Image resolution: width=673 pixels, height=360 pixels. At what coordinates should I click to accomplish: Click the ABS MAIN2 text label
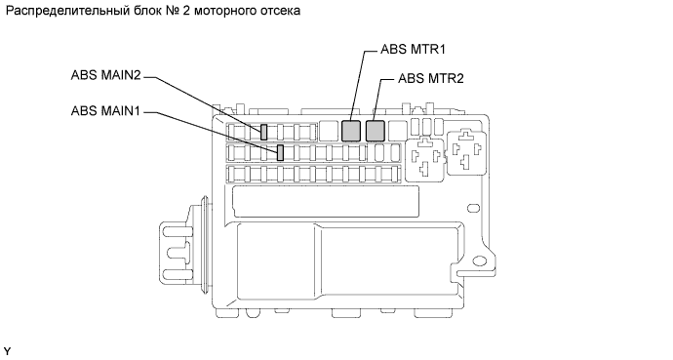click(105, 75)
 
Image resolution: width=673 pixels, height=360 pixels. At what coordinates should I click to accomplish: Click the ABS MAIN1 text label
click(105, 110)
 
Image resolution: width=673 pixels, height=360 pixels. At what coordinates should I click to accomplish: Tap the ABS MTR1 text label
click(413, 50)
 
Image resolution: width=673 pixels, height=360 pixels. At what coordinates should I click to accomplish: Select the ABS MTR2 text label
click(431, 78)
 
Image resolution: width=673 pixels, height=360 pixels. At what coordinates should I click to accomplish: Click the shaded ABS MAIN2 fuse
click(264, 132)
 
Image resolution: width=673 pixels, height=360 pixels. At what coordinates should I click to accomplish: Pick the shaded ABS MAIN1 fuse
click(280, 153)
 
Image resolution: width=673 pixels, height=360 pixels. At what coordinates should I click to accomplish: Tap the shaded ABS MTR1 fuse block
click(351, 131)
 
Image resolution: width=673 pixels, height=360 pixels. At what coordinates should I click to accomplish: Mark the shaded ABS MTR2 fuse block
click(376, 131)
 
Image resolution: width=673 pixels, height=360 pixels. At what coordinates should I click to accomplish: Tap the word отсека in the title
click(280, 11)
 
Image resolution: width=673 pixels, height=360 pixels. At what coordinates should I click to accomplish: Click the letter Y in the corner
click(7, 352)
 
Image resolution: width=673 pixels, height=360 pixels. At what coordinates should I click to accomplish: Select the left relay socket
click(425, 157)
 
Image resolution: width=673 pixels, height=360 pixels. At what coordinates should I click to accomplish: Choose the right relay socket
click(466, 153)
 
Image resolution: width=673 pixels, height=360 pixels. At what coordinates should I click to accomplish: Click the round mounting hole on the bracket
click(478, 261)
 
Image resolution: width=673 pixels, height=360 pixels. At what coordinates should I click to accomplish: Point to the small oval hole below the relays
click(473, 209)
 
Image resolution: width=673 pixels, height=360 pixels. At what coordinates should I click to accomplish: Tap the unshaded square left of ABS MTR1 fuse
click(329, 131)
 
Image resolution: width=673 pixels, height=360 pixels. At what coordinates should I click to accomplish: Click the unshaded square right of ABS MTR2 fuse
click(398, 131)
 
